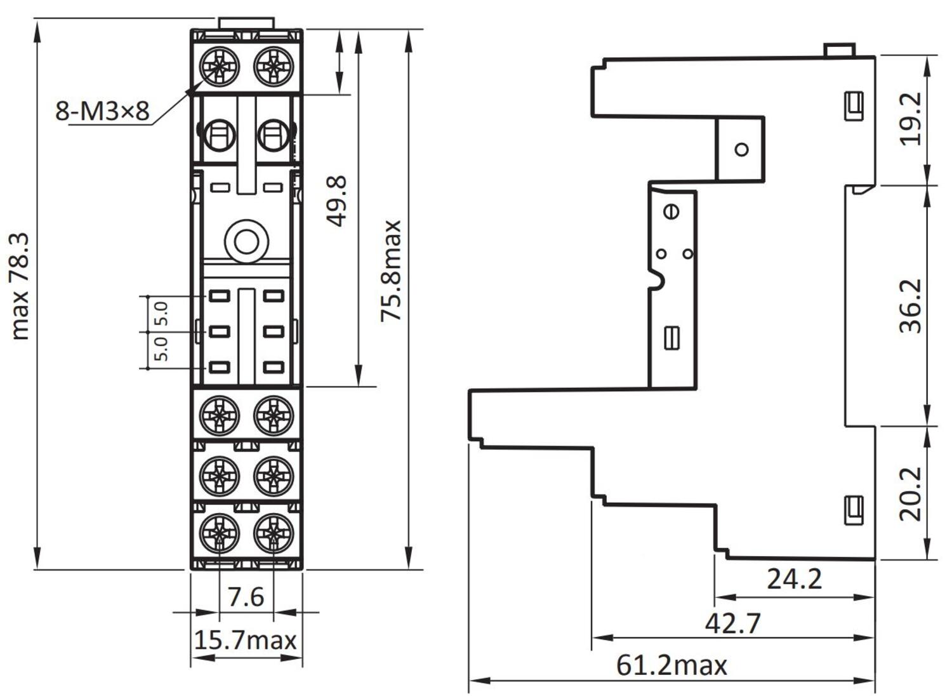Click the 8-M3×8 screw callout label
102,111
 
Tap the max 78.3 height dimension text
20,286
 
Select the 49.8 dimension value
338,201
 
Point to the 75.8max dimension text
391,271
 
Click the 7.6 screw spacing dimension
246,597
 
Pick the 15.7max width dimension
246,640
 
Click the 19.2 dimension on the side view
911,119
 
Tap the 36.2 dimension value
911,305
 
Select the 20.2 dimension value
911,493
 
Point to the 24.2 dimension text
794,579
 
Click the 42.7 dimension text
732,623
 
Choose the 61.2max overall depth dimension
671,665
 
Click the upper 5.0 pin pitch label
162,314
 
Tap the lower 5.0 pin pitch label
162,349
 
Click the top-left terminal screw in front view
219,66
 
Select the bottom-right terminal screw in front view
274,533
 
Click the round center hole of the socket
246,242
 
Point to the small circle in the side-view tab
741,149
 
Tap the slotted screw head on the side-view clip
671,211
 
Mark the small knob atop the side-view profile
839,50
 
